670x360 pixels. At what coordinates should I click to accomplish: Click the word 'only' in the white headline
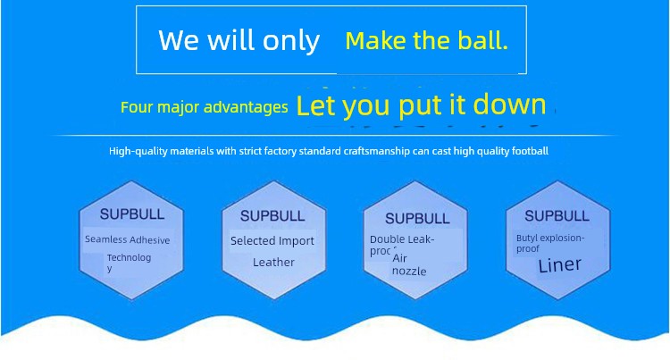click(x=290, y=42)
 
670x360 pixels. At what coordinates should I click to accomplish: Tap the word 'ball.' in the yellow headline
click(x=482, y=41)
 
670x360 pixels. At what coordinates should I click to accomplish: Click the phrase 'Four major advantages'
click(x=205, y=107)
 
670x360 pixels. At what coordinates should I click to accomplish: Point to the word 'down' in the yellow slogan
click(x=510, y=105)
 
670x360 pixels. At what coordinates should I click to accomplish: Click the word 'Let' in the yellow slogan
click(x=315, y=106)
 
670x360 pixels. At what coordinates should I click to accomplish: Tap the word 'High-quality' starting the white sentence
click(x=138, y=151)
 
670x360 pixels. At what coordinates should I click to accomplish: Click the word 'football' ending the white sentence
click(x=531, y=151)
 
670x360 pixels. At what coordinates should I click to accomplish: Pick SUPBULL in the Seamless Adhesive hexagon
click(x=132, y=214)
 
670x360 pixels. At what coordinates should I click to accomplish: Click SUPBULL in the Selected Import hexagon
click(x=272, y=216)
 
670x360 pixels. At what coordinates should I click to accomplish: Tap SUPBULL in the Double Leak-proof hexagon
click(x=417, y=219)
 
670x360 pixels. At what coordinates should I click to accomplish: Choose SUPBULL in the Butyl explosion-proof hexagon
click(x=557, y=216)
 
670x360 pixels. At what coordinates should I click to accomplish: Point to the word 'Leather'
click(x=273, y=263)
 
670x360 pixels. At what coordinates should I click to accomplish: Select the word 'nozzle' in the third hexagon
click(x=409, y=272)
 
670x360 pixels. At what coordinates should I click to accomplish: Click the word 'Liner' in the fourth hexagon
click(x=560, y=265)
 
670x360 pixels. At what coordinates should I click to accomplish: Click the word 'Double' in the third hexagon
click(x=385, y=239)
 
